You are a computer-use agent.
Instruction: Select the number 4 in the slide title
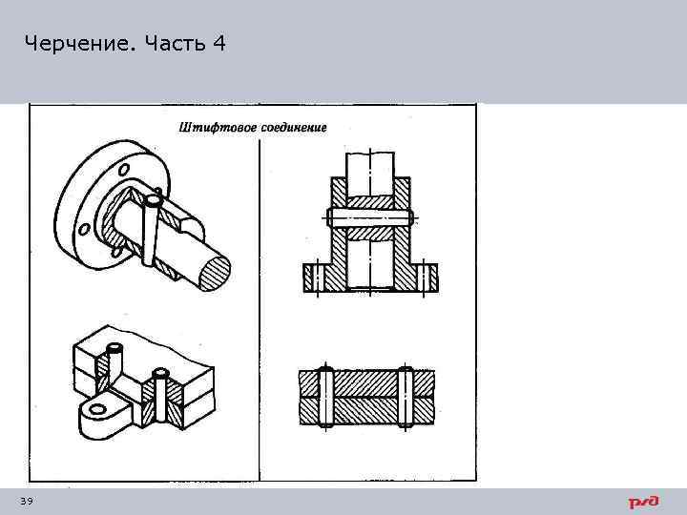220,44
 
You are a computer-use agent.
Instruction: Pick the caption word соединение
290,127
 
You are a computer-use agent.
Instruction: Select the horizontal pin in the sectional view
370,217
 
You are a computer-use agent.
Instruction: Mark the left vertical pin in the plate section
326,395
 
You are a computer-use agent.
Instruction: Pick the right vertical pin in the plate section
406,395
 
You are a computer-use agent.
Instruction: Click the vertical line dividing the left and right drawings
260,286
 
